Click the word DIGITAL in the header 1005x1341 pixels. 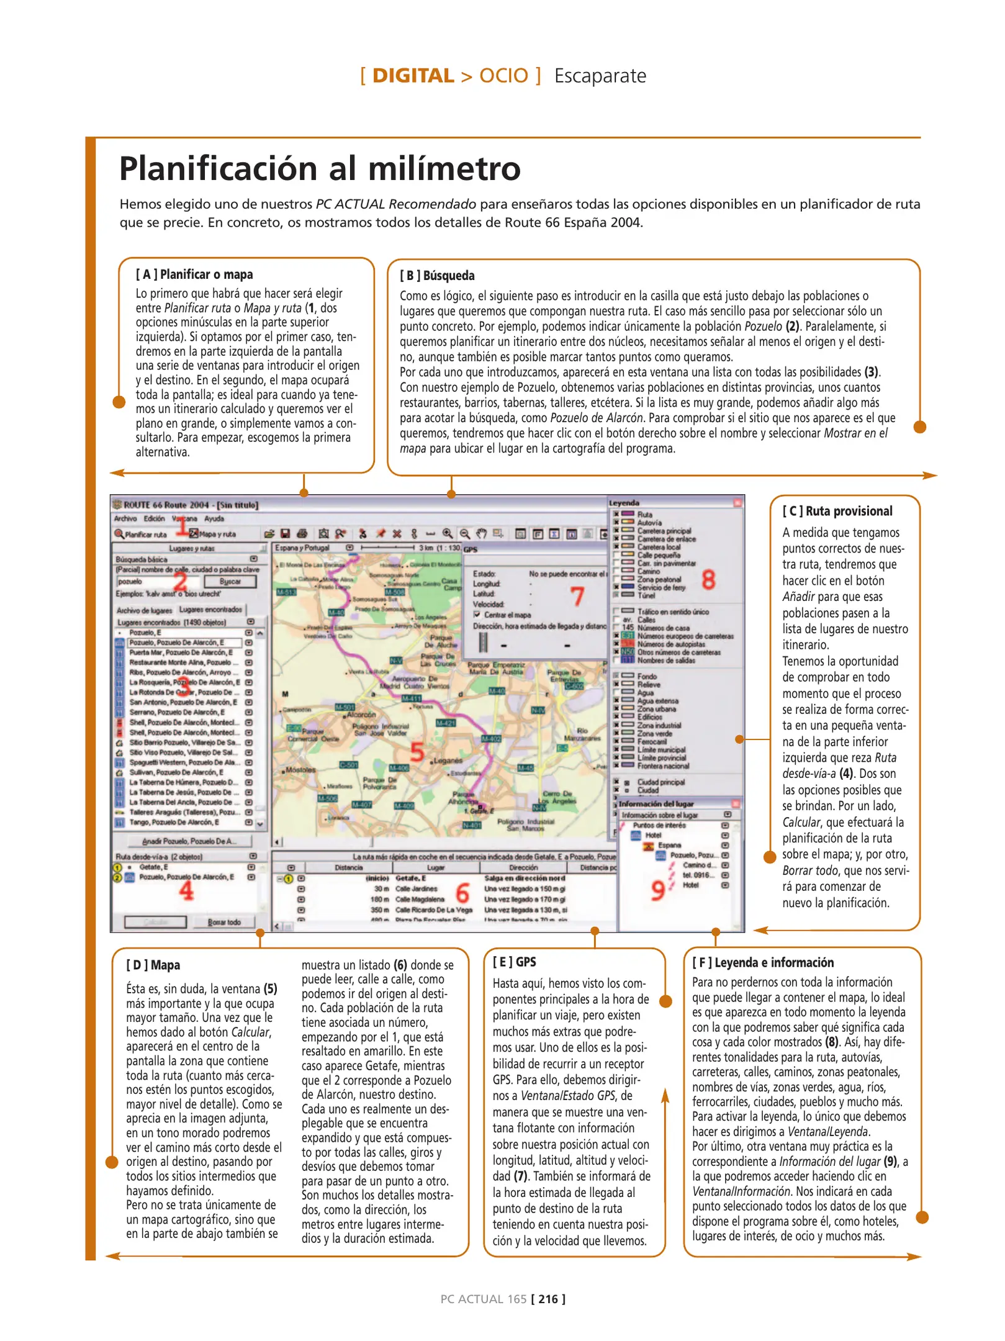(413, 76)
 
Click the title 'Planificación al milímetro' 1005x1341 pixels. (320, 168)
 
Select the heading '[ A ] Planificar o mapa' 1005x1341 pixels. (194, 274)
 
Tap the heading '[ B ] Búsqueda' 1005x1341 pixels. (437, 276)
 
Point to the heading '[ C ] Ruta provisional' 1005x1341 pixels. (837, 511)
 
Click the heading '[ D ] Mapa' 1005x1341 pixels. (153, 965)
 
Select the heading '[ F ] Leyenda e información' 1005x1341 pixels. (763, 962)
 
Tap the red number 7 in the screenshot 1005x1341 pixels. (577, 597)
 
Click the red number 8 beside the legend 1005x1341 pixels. (708, 580)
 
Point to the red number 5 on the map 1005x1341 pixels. (417, 752)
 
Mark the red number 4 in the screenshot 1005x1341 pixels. (186, 891)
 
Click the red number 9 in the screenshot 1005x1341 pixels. (658, 890)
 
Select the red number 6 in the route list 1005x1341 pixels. (462, 893)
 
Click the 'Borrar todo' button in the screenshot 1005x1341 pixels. (224, 922)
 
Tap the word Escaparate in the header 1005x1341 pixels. (600, 76)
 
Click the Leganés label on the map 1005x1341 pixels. (448, 760)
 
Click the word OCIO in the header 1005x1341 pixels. (503, 76)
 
